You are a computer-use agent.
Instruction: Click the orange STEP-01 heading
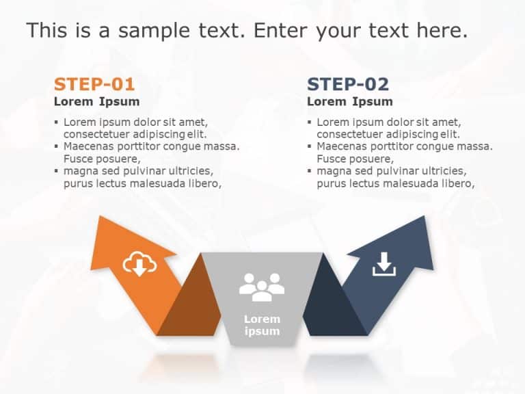coord(94,84)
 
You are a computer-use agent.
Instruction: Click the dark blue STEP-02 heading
coord(348,84)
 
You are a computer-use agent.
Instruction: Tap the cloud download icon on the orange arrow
coord(139,264)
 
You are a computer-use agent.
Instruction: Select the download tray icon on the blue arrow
coord(384,264)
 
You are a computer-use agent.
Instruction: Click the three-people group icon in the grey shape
coord(262,287)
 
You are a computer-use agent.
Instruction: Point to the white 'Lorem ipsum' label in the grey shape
coord(262,325)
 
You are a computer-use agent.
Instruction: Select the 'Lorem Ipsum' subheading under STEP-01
coord(96,102)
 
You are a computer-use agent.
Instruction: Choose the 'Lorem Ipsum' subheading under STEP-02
coord(350,102)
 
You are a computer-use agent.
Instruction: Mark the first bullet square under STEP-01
coord(57,122)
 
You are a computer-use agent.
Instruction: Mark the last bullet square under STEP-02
coord(310,171)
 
